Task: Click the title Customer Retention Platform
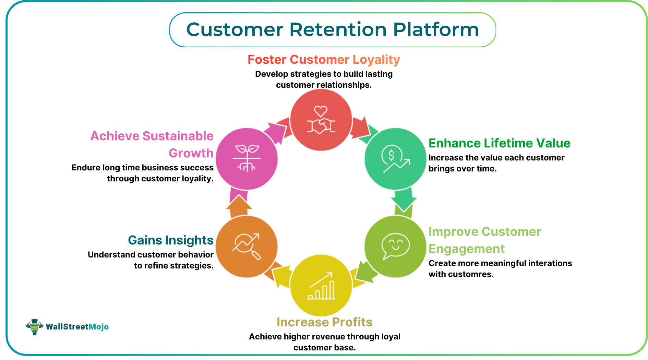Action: [x=332, y=29]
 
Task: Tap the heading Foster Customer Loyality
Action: [x=324, y=60]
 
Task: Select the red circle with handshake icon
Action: [x=321, y=120]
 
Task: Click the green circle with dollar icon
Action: [x=395, y=159]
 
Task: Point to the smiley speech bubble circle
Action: [x=395, y=246]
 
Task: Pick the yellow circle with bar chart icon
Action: [x=321, y=285]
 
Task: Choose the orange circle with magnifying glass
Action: [x=247, y=246]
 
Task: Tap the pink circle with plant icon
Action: [x=247, y=159]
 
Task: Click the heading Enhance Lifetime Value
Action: [x=499, y=143]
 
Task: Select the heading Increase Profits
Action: [x=324, y=322]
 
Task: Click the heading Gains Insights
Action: [x=170, y=240]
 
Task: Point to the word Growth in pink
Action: [x=191, y=153]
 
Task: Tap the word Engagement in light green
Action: [x=466, y=249]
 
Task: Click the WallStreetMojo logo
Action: [x=67, y=326]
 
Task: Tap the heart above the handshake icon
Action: [x=321, y=111]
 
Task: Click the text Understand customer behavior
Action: [x=151, y=255]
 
